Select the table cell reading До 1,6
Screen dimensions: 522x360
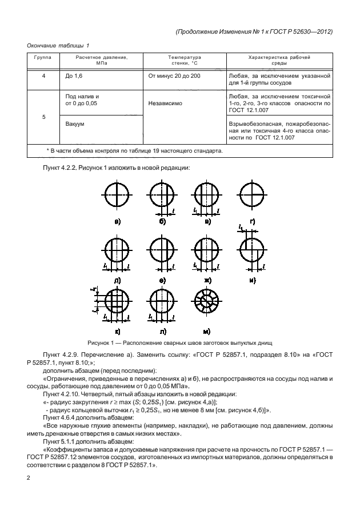tap(74, 75)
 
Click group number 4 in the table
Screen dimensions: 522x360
tap(43, 75)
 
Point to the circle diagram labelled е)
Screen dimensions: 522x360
tap(161, 249)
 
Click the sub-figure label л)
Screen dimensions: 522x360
tap(162, 332)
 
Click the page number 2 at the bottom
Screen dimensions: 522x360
tap(29, 478)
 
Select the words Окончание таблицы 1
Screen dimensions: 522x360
tap(58, 45)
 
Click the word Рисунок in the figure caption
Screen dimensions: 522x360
tap(101, 343)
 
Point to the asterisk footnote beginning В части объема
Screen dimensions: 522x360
tap(134, 151)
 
